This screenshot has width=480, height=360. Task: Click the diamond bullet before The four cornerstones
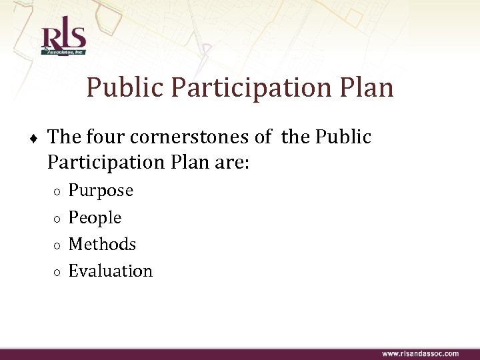(33, 138)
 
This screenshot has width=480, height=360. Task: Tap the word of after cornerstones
(263, 137)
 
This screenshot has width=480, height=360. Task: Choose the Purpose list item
(101, 191)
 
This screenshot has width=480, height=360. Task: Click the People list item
(95, 217)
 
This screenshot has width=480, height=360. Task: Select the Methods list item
(102, 244)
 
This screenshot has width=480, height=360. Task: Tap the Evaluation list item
(110, 271)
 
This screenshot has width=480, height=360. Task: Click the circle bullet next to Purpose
(58, 192)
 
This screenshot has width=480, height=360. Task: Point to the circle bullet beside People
(58, 219)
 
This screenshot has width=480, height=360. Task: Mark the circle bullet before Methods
(58, 245)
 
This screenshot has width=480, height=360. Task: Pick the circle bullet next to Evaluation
(58, 272)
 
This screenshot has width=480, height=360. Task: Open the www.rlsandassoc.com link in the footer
(420, 353)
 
